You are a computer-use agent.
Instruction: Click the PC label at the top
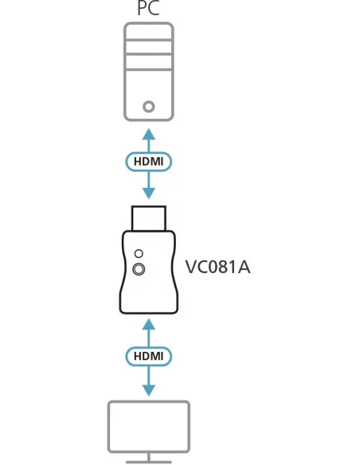[148, 10]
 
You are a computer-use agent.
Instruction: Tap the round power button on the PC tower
[149, 105]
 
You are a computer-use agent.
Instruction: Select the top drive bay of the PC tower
[149, 38]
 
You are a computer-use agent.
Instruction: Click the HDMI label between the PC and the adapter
[149, 162]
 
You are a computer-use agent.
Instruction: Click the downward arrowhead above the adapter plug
[149, 193]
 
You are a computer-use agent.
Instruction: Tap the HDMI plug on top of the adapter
[149, 217]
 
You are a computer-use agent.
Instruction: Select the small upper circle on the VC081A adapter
[140, 252]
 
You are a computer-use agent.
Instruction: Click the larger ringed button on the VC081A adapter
[140, 269]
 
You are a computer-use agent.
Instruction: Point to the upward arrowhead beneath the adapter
[149, 324]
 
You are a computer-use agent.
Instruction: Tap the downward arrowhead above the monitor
[149, 390]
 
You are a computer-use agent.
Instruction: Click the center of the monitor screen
[149, 428]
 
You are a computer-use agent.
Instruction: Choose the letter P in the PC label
[140, 10]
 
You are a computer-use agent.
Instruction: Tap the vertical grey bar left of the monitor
[104, 430]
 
